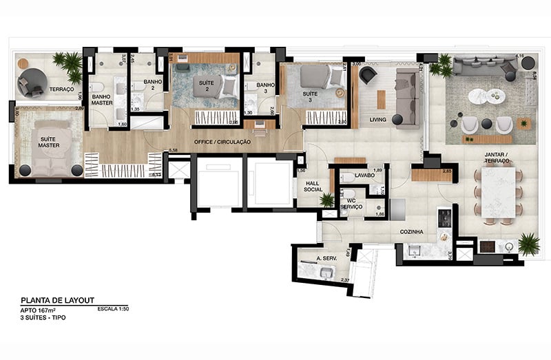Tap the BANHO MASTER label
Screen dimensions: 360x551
click(x=101, y=100)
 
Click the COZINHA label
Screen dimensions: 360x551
click(x=412, y=232)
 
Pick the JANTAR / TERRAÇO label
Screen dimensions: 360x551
click(x=496, y=158)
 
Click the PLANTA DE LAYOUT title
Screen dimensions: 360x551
click(x=57, y=300)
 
